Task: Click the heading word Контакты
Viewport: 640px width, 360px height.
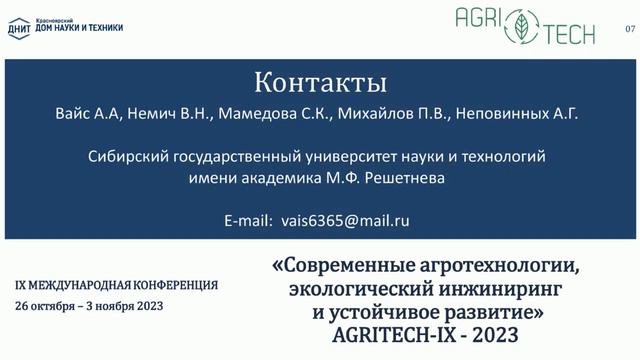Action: (319, 80)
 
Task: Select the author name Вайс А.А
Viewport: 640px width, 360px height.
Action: (88, 115)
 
